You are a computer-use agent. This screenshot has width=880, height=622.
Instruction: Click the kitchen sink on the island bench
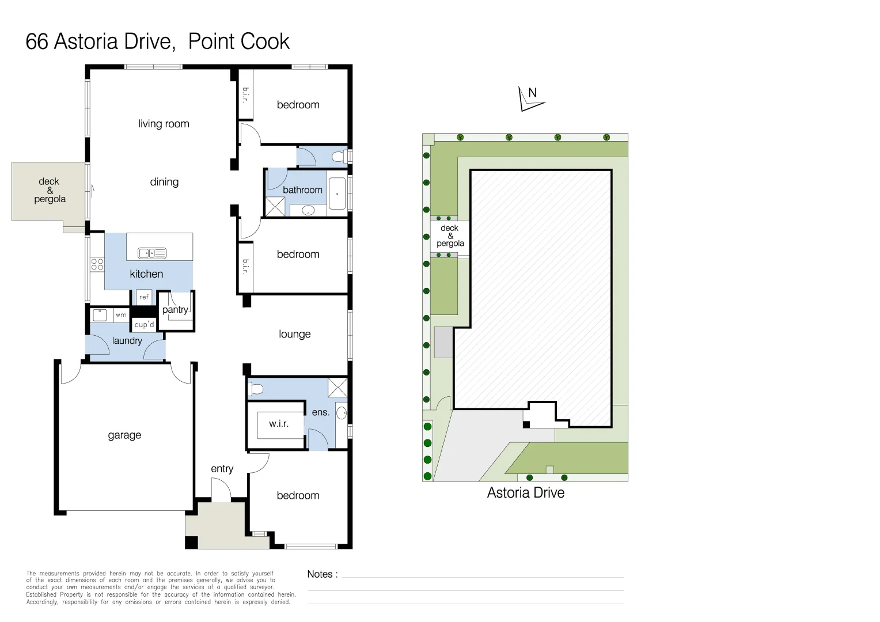click(152, 253)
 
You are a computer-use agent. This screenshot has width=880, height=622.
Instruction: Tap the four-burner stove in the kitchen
click(97, 264)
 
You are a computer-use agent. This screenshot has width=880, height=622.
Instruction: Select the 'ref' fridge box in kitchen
click(144, 297)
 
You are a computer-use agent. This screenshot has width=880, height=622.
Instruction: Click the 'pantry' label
click(175, 310)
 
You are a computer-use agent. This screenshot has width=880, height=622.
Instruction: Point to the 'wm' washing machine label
click(121, 315)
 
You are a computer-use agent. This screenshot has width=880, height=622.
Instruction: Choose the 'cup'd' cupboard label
click(144, 325)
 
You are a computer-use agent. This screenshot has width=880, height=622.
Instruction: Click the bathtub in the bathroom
click(337, 194)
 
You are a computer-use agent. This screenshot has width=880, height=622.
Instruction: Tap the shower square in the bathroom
click(275, 207)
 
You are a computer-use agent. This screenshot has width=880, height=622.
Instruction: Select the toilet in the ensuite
click(255, 389)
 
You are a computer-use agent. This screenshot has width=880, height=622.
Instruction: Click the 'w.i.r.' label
click(279, 424)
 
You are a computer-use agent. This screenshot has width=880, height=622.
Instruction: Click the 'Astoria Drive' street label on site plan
click(525, 493)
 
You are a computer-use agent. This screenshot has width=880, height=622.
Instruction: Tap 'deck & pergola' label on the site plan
click(450, 236)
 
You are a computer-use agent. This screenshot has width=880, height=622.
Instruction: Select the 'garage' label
click(124, 435)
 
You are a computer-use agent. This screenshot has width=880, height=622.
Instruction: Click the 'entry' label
click(222, 469)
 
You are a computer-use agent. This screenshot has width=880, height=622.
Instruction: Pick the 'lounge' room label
click(294, 334)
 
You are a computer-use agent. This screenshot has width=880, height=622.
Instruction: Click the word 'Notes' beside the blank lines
click(320, 574)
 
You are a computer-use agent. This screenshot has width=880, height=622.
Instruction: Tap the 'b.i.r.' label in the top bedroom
click(246, 95)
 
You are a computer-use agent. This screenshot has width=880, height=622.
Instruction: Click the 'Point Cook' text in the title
click(238, 41)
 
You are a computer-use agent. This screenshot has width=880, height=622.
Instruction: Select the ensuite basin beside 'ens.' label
click(342, 412)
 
